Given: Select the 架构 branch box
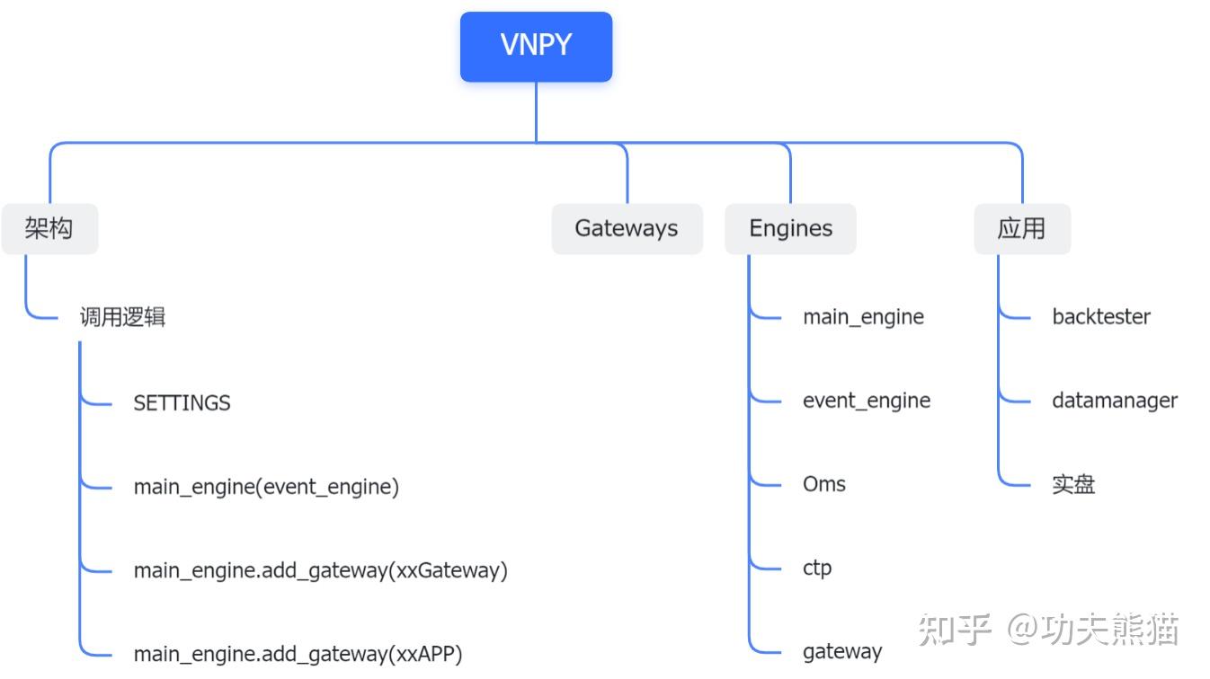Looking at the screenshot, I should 49,229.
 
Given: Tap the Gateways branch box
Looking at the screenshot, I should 627,229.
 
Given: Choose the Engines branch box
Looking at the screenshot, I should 790,229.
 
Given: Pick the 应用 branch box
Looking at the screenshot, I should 1022,229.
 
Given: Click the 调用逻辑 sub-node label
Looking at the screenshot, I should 122,317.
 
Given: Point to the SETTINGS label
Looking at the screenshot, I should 182,403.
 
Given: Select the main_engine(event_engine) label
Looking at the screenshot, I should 266,487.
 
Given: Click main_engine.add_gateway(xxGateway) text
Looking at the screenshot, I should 320,570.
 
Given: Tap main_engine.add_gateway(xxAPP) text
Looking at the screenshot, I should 298,654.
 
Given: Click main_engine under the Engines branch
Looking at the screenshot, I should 863,317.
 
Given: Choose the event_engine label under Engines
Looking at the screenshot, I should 867,401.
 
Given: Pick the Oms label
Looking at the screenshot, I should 824,484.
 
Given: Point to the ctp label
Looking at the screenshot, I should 817,568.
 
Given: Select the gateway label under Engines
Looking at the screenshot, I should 842,651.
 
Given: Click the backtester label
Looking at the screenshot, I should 1101,317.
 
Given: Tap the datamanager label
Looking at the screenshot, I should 1115,401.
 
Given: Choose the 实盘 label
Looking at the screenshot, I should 1073,485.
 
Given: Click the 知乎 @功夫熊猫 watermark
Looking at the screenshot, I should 1048,630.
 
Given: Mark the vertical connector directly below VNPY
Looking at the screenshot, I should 537,112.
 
